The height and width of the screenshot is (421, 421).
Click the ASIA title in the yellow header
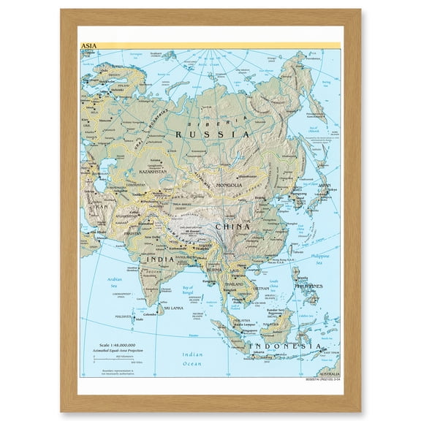tap(88, 45)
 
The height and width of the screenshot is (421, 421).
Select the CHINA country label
tap(233, 227)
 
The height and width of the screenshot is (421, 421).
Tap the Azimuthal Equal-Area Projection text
tap(119, 352)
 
